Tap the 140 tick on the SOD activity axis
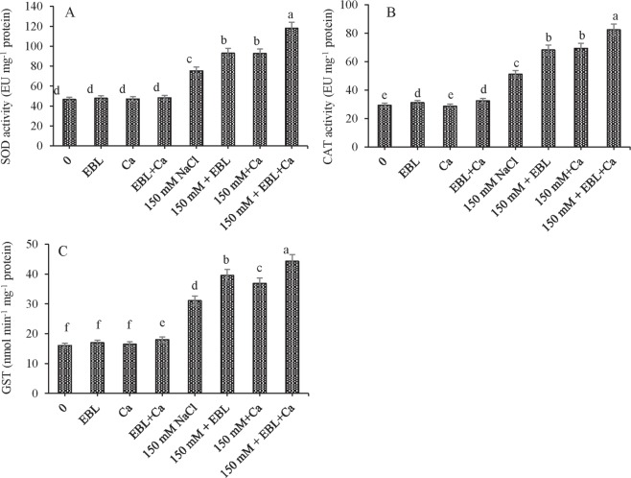39,7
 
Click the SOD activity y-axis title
10,75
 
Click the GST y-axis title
10,320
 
